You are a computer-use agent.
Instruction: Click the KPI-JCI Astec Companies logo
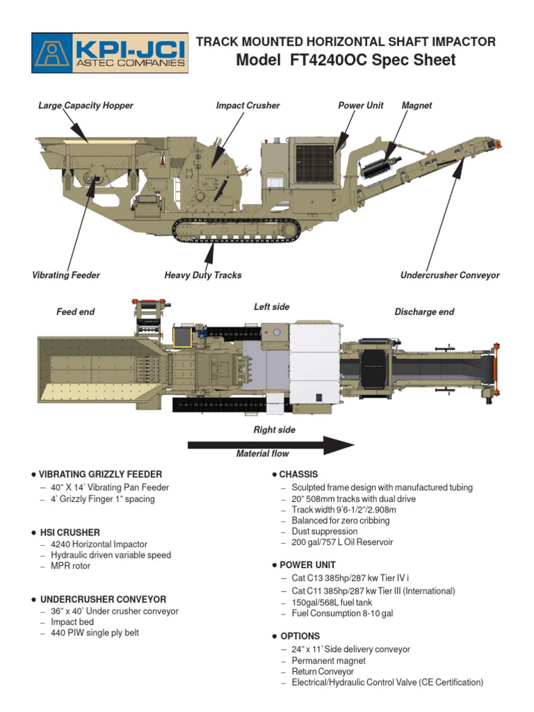[x=110, y=53]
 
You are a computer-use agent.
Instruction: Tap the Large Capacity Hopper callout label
[x=86, y=106]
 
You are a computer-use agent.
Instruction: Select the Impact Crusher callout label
[x=248, y=106]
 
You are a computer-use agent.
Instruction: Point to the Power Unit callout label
[x=361, y=106]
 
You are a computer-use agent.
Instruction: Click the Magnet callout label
[x=416, y=106]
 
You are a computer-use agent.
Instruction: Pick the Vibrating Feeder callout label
[x=66, y=275]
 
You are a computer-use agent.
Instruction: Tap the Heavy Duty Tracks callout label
[x=203, y=275]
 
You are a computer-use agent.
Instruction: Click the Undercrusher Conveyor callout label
[x=450, y=275]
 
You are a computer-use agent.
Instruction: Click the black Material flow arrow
[x=271, y=444]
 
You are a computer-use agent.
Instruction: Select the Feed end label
[x=75, y=312]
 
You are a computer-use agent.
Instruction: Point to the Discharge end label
[x=424, y=312]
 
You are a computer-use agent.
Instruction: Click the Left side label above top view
[x=272, y=307]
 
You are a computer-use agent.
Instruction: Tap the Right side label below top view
[x=274, y=430]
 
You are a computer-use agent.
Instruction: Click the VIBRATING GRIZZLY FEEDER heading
[x=100, y=474]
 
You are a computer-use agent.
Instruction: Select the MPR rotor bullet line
[x=70, y=566]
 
